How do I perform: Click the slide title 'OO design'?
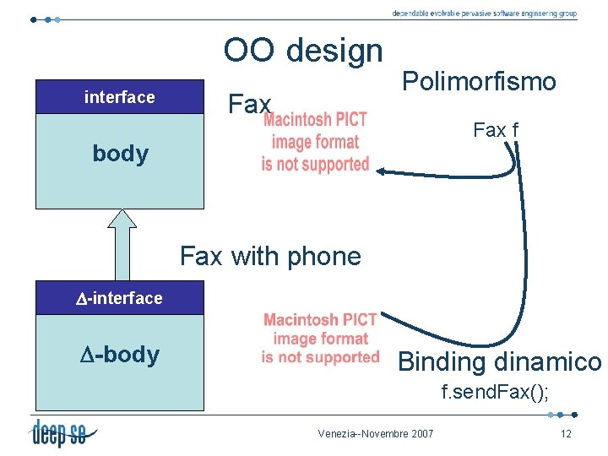pyautogui.click(x=303, y=51)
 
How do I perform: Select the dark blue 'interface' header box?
pyautogui.click(x=120, y=97)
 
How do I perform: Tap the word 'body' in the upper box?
pyautogui.click(x=120, y=154)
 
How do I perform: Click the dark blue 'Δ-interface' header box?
pyautogui.click(x=120, y=298)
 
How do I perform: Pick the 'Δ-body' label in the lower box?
pyautogui.click(x=120, y=355)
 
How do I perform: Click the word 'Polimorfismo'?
pyautogui.click(x=479, y=82)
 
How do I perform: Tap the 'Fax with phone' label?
pyautogui.click(x=270, y=256)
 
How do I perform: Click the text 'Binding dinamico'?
pyautogui.click(x=499, y=362)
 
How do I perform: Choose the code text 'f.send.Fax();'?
pyautogui.click(x=495, y=393)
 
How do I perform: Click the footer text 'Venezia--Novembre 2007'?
pyautogui.click(x=376, y=434)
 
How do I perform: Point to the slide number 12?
pyautogui.click(x=565, y=434)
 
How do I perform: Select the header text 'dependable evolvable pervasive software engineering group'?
pyautogui.click(x=484, y=14)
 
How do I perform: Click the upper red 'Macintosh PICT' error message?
pyautogui.click(x=315, y=142)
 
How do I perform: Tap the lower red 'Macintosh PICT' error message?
pyautogui.click(x=320, y=339)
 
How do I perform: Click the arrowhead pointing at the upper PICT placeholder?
pyautogui.click(x=381, y=171)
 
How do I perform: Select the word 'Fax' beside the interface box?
pyautogui.click(x=249, y=106)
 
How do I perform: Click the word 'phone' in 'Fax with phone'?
pyautogui.click(x=326, y=256)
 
